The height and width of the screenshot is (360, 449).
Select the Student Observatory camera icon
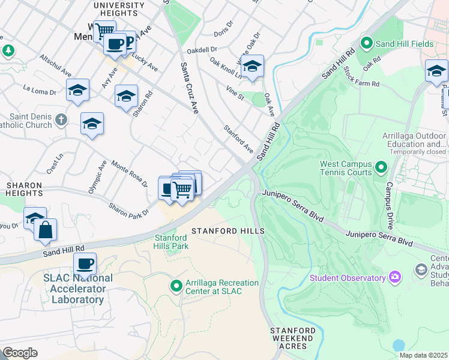coord(395,277)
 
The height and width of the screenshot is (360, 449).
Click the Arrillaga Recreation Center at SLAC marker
coord(176,286)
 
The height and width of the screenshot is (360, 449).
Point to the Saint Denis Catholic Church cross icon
coord(60,120)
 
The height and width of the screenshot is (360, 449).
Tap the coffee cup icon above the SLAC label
coord(85,263)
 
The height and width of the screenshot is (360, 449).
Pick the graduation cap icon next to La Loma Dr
coord(77,90)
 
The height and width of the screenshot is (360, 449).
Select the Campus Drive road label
coord(389,205)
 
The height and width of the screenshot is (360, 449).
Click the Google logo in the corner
coord(20,352)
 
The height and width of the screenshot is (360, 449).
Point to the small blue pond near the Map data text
coord(398,346)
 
